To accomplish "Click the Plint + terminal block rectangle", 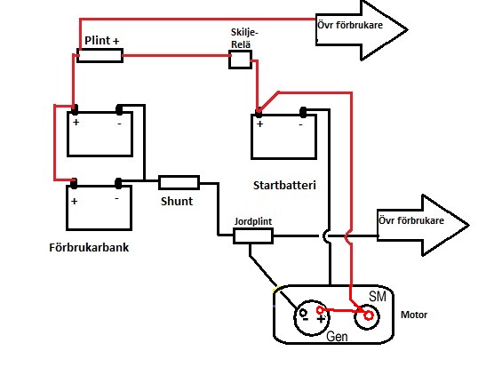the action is pos(100,55).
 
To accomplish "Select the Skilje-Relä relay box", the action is pos(240,60).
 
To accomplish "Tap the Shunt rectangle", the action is pos(179,182).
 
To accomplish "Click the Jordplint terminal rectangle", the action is pos(253,236).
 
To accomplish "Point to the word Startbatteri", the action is pos(284,186).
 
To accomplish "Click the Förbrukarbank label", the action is pos(89,247).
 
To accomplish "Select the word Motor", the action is pos(414,315).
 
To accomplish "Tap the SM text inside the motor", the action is pos(378,296).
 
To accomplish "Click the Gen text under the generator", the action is pos(337,336).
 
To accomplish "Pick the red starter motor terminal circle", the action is pos(369,315).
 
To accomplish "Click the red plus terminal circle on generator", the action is pos(320,310).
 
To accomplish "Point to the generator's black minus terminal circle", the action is pos(303,313).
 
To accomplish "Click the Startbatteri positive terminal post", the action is pos(259,112).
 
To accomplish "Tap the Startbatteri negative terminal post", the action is pos(303,112).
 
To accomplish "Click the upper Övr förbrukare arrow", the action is pos(362,30).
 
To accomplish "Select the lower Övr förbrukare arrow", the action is pos(423,225).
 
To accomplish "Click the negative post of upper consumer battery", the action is pos(119,109).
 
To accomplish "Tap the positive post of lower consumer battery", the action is pos(74,184).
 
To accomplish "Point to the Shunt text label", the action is pos(177,201).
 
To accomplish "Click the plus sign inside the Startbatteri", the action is pos(260,124).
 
